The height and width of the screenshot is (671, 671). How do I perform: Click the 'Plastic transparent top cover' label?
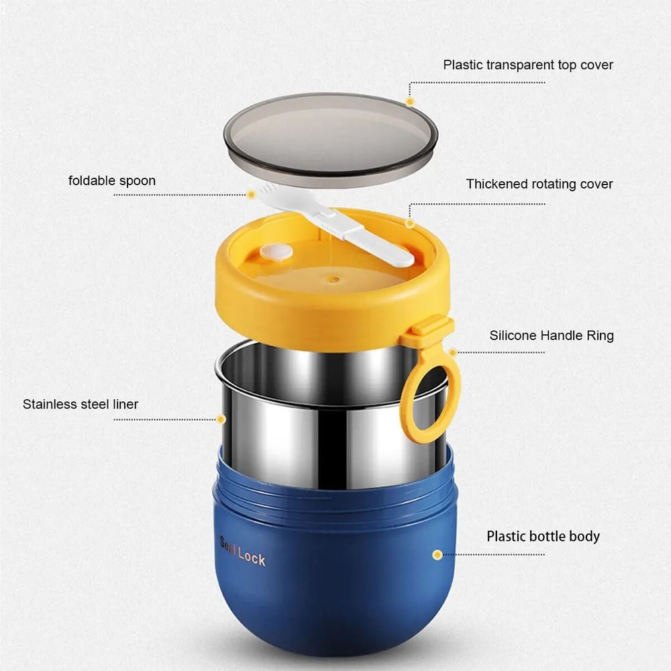pyautogui.click(x=527, y=65)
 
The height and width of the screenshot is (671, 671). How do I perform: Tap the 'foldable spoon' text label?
pyautogui.click(x=112, y=180)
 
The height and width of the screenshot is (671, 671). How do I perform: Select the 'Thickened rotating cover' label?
pyautogui.click(x=539, y=184)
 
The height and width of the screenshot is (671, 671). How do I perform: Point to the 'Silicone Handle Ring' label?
pyautogui.click(x=551, y=335)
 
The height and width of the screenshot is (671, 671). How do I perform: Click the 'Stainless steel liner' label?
pyautogui.click(x=81, y=404)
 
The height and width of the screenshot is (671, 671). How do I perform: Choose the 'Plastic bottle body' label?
pyautogui.click(x=543, y=536)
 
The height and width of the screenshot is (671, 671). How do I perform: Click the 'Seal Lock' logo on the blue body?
pyautogui.click(x=242, y=551)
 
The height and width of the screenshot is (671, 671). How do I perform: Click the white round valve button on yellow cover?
pyautogui.click(x=276, y=252)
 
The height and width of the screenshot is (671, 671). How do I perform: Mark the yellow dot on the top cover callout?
pyautogui.click(x=410, y=101)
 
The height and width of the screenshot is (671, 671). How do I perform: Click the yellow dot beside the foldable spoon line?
pyautogui.click(x=251, y=195)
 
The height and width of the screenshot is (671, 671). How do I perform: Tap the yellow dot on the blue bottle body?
pyautogui.click(x=437, y=555)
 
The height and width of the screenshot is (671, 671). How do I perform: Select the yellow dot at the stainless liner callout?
pyautogui.click(x=221, y=419)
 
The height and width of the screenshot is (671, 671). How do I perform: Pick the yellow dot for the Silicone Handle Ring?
pyautogui.click(x=453, y=352)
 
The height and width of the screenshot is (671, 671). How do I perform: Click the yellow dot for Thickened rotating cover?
pyautogui.click(x=410, y=223)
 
